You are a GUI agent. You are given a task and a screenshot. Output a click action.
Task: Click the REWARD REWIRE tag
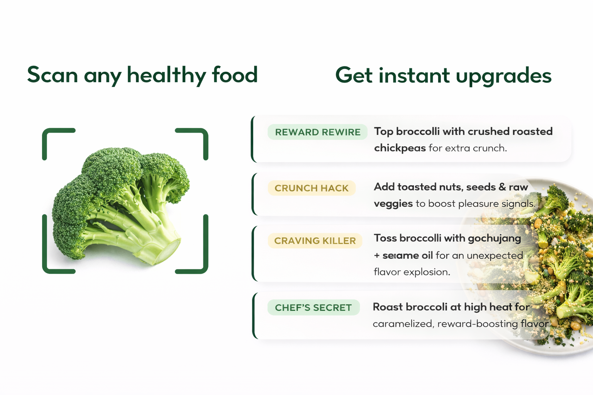click(317, 132)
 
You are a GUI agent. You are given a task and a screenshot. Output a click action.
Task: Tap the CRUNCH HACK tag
click(312, 188)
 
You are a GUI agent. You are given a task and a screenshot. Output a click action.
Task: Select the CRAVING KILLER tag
click(315, 241)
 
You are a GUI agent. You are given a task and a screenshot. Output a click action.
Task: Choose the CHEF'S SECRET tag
click(313, 307)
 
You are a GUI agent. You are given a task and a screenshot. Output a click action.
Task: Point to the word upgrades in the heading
click(503, 76)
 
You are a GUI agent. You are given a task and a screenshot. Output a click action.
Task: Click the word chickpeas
click(400, 148)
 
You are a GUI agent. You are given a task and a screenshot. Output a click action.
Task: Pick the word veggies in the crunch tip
click(393, 204)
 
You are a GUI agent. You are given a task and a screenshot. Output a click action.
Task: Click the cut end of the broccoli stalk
click(168, 252)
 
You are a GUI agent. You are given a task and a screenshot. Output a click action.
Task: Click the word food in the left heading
click(235, 74)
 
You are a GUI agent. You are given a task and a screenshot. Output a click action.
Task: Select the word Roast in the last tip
click(388, 307)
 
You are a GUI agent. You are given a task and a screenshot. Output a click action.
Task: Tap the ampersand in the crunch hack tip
click(502, 187)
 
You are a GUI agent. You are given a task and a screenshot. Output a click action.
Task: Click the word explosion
click(427, 272)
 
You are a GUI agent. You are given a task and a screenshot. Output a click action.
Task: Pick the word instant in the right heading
click(414, 75)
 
